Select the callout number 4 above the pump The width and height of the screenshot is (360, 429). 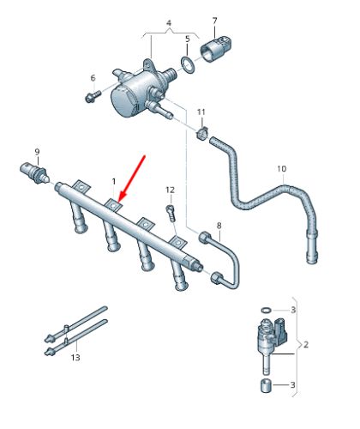(168, 22)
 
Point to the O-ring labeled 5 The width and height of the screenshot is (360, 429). (186, 67)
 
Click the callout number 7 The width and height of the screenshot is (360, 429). (215, 20)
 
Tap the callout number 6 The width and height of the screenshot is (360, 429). (93, 79)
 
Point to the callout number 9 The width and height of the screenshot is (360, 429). (37, 152)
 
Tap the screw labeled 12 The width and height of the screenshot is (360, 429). (171, 210)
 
